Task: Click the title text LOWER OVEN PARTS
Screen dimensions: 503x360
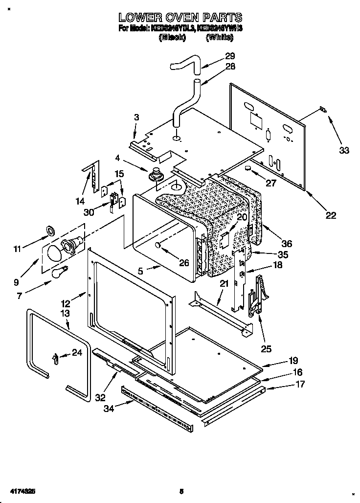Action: pos(181,18)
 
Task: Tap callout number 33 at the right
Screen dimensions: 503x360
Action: pos(344,150)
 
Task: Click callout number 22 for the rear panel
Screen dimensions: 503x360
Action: pos(331,214)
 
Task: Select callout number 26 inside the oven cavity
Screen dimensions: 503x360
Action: pos(183,263)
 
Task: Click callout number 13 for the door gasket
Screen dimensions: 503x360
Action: pos(66,313)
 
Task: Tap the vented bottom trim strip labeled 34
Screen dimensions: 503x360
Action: pos(157,409)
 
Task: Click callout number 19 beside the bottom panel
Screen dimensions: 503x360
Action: pos(293,361)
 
